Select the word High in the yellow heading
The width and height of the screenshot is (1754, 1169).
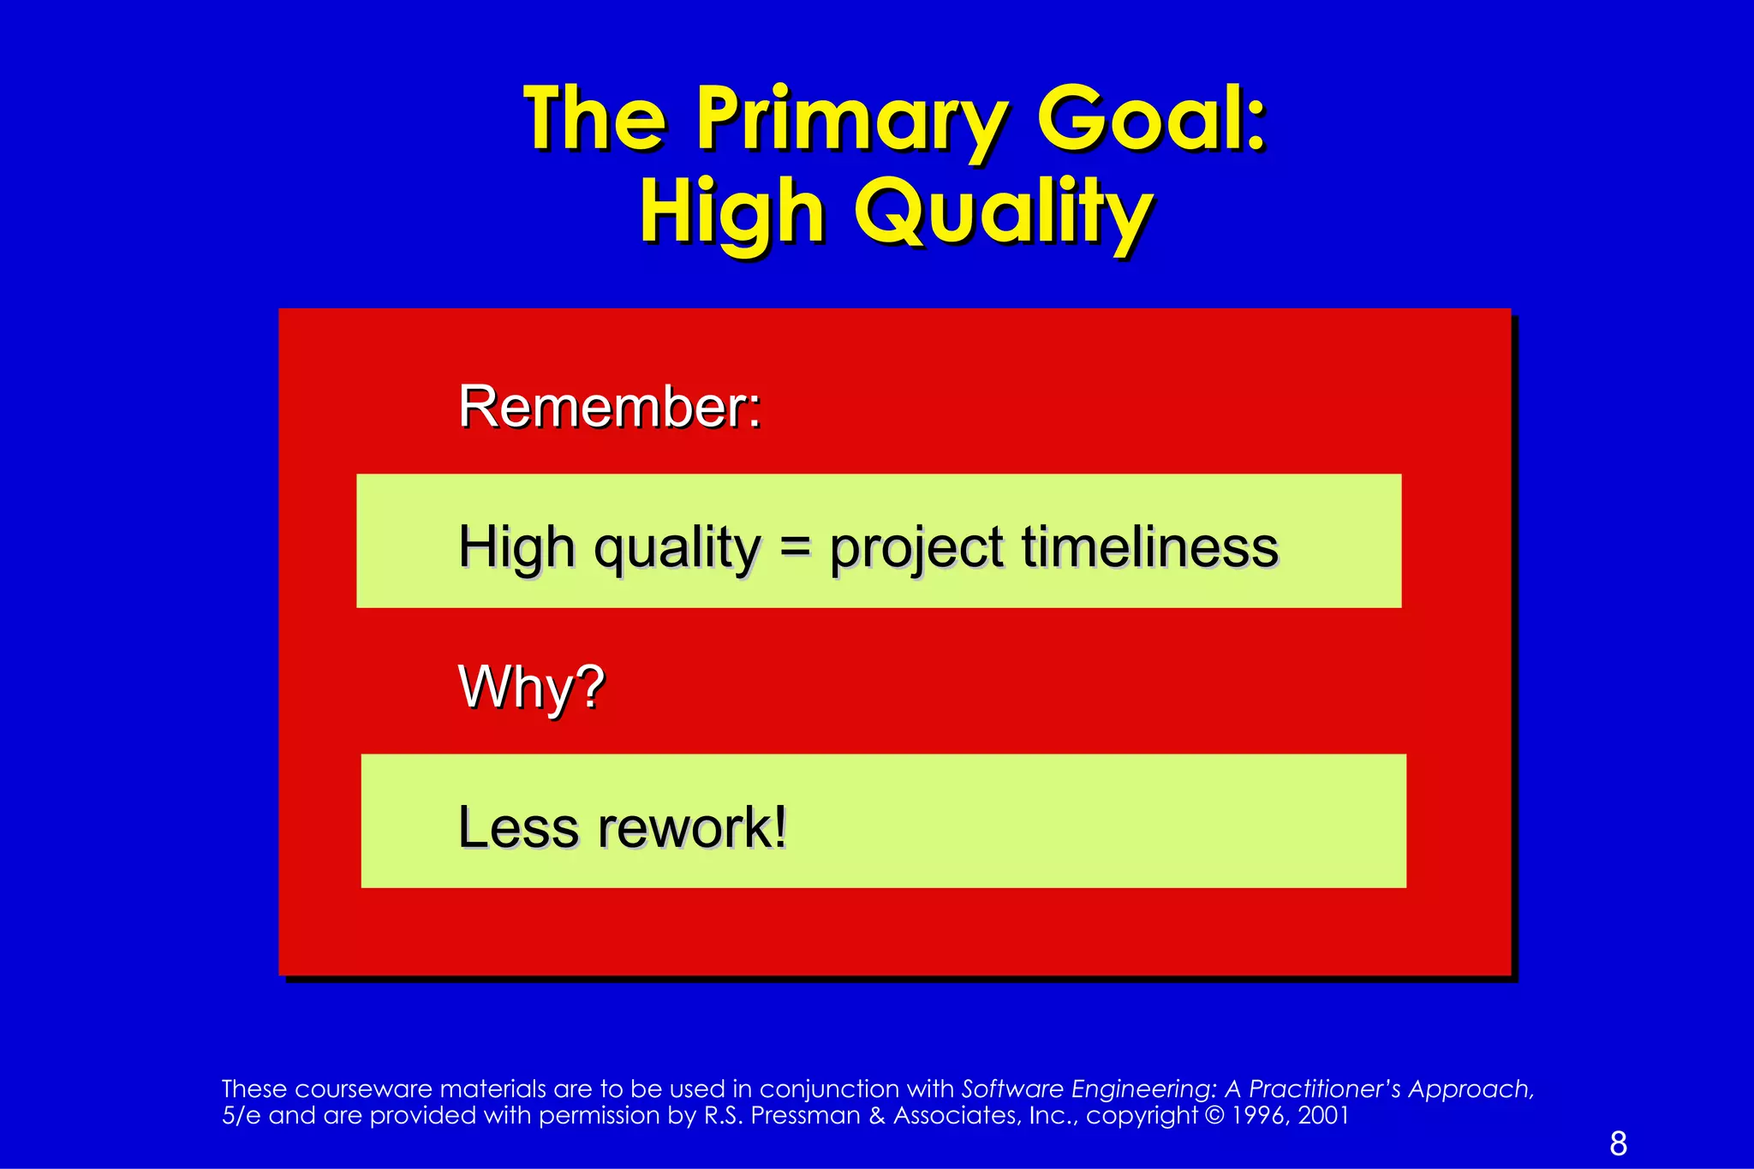click(732, 213)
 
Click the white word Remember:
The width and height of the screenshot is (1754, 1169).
click(610, 407)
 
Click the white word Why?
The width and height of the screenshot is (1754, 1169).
click(532, 687)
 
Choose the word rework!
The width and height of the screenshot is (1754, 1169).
click(692, 827)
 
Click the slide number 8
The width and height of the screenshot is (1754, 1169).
click(1618, 1143)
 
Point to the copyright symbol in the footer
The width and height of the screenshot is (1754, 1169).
click(1214, 1116)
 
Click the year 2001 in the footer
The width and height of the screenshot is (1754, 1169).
click(1323, 1116)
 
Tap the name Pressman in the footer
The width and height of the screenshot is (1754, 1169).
click(806, 1116)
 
